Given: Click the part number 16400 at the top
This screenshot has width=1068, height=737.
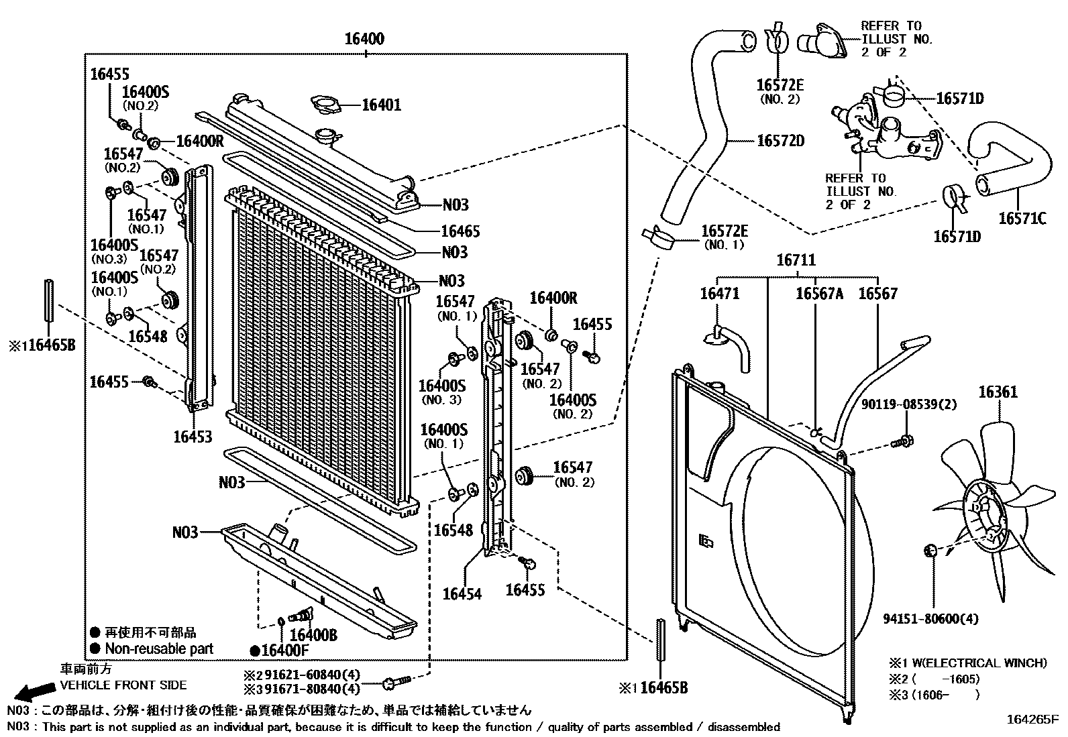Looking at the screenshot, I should tap(364, 39).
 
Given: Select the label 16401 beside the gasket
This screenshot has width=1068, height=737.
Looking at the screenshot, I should tap(381, 105).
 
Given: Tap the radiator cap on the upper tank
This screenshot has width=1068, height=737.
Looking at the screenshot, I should tap(328, 137).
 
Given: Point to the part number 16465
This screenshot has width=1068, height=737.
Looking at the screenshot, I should tap(460, 231).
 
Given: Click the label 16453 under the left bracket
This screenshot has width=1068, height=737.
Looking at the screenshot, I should tap(193, 437).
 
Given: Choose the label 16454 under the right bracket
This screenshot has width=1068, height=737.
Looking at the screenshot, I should tap(462, 594).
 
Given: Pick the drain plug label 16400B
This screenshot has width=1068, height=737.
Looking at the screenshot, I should tap(313, 634).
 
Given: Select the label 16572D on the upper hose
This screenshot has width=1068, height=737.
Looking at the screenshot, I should tap(780, 141).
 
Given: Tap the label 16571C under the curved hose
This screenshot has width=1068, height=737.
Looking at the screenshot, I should tap(1022, 219).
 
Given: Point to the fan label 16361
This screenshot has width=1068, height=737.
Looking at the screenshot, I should tap(999, 393).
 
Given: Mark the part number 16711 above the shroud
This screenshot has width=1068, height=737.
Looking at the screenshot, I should tap(796, 260).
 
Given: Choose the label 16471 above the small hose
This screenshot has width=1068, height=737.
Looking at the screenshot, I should tap(720, 294).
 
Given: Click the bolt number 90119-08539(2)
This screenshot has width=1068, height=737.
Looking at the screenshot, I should tap(909, 404).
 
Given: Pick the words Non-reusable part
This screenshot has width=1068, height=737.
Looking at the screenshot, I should tap(159, 648).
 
